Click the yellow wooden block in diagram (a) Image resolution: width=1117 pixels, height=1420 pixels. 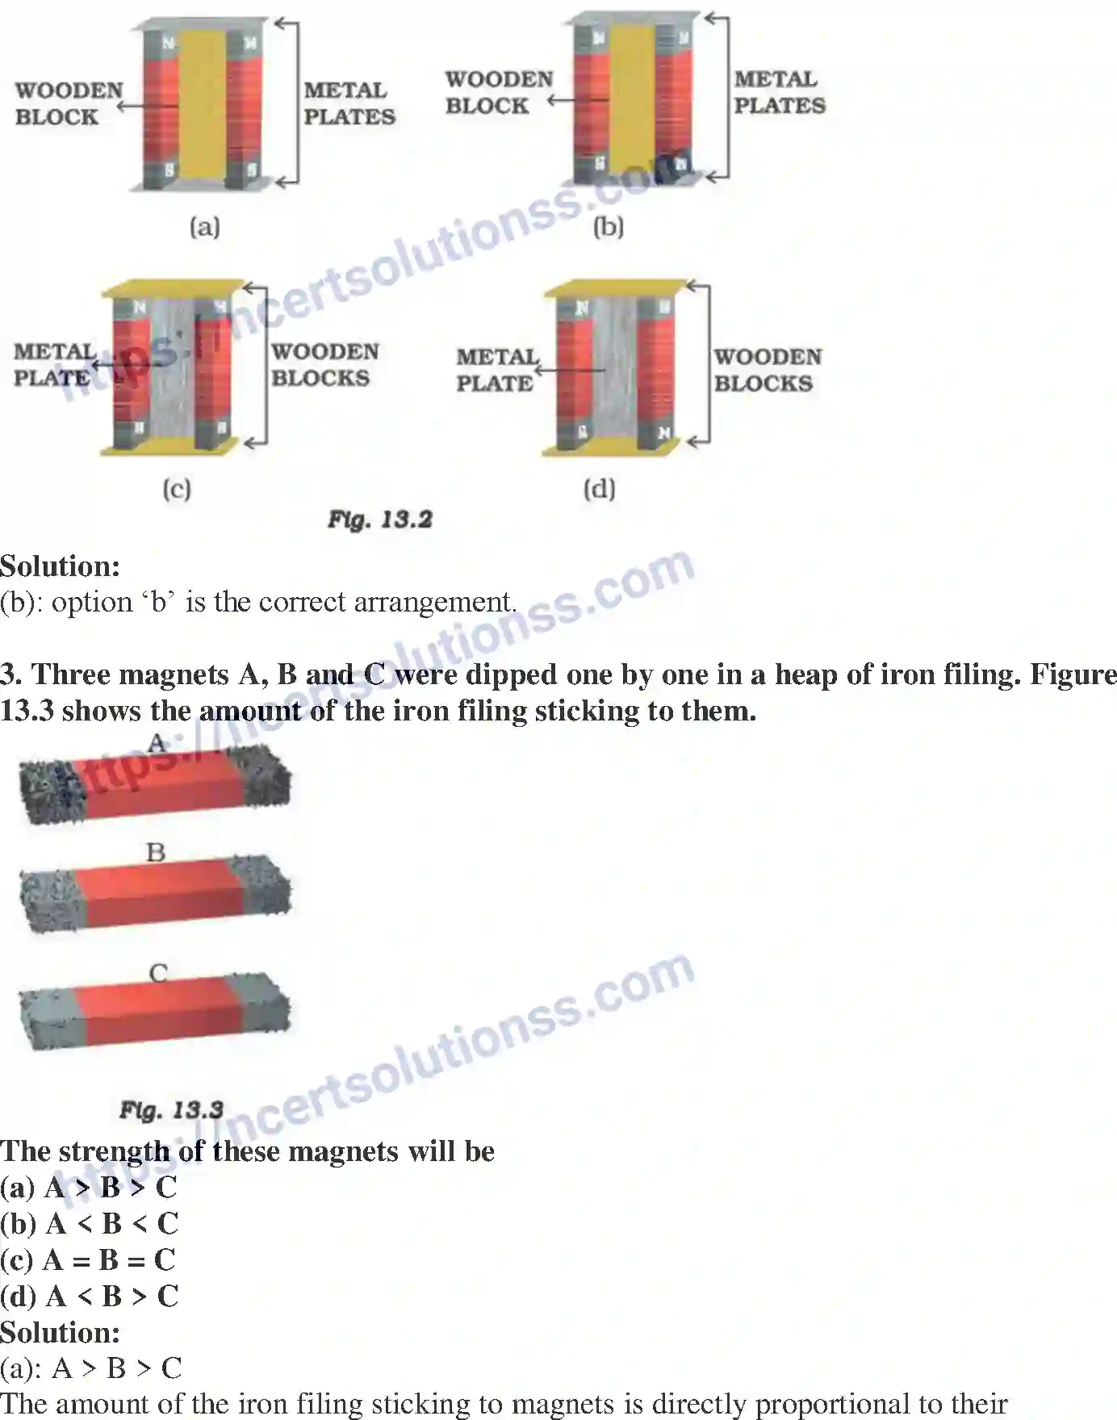tap(202, 105)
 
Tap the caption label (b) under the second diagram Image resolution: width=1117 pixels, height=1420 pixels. tap(609, 227)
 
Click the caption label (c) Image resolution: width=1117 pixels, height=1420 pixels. tap(176, 489)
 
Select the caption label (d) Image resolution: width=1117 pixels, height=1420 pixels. tap(599, 489)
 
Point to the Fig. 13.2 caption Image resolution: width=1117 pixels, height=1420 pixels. tap(379, 519)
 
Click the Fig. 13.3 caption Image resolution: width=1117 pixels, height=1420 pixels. tap(171, 1110)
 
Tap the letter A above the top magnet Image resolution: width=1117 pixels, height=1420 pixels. tap(157, 742)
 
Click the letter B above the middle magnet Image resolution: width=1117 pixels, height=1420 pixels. tap(156, 852)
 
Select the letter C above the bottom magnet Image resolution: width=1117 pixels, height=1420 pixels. tap(158, 973)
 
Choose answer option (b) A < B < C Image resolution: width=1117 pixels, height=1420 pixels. tap(89, 1224)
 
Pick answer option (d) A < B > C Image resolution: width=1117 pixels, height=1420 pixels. tap(89, 1297)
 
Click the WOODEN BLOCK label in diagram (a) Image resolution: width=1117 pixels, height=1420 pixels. tap(68, 103)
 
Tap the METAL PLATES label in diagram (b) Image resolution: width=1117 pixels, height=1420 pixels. tap(779, 93)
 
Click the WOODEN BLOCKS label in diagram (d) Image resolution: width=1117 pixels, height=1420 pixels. tap(768, 370)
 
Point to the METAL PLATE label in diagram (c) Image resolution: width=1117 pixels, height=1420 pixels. tap(53, 365)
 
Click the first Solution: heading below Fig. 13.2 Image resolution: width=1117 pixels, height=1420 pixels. tap(60, 566)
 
